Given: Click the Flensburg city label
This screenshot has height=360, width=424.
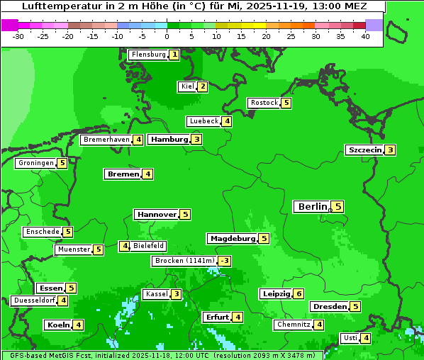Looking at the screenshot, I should [x=148, y=55].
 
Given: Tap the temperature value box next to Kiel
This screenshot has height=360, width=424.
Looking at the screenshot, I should [x=203, y=87].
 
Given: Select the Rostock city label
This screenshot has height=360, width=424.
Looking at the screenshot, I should [x=264, y=103].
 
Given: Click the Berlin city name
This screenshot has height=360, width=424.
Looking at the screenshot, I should [x=312, y=207].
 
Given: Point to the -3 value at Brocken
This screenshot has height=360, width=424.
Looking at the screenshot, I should [x=224, y=261].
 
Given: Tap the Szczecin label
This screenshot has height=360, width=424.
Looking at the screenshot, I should [x=364, y=150].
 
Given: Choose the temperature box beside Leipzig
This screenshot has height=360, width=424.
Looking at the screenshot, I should [x=299, y=294].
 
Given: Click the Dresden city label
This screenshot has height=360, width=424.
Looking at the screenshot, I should [x=329, y=307].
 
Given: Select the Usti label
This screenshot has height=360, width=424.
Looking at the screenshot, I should [x=350, y=338].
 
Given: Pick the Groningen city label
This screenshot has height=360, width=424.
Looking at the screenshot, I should [x=36, y=163].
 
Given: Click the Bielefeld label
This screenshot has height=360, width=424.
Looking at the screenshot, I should [x=148, y=246].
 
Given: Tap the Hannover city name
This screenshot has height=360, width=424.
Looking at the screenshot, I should [x=156, y=214].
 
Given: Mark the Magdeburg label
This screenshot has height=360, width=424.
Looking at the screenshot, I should [x=232, y=238].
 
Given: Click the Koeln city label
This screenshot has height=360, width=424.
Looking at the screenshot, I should [x=57, y=325].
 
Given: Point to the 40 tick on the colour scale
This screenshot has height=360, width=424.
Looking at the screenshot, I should [x=365, y=36].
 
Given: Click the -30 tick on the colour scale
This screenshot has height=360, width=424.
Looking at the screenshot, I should [x=18, y=36].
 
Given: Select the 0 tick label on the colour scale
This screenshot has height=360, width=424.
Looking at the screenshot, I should [x=167, y=36].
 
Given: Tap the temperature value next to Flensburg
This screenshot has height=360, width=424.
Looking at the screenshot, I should [x=174, y=55].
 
